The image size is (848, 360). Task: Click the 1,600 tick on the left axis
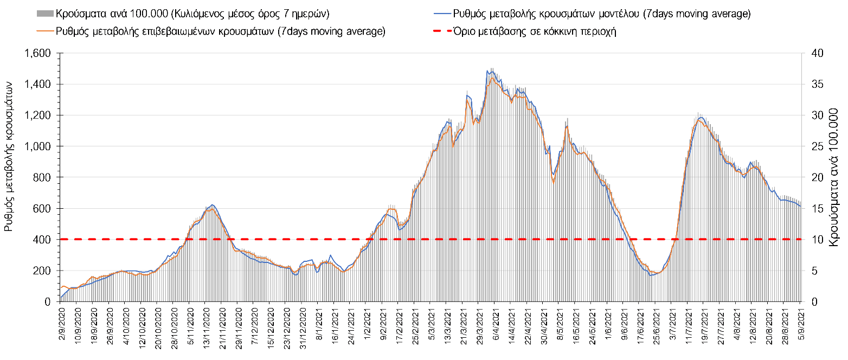tap(41, 53)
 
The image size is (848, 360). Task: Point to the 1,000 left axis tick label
tap(41, 146)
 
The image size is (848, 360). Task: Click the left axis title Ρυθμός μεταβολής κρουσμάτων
tap(9, 157)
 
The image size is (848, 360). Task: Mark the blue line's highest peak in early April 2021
tap(487, 71)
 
